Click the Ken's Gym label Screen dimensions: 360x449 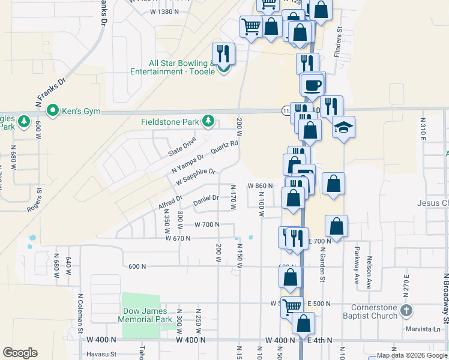pos(83,111)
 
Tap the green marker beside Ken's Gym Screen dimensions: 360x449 pos(52,111)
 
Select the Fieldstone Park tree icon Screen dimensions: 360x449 pos(208,122)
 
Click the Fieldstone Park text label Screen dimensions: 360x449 pos(170,122)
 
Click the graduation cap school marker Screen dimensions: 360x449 pos(344,127)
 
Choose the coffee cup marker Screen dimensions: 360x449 pos(313,85)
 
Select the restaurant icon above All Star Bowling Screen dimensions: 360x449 pos(223,54)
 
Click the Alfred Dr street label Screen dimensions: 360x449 pos(170,202)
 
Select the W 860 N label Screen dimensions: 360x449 pos(261,186)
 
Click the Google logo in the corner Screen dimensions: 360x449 pos(20,353)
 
